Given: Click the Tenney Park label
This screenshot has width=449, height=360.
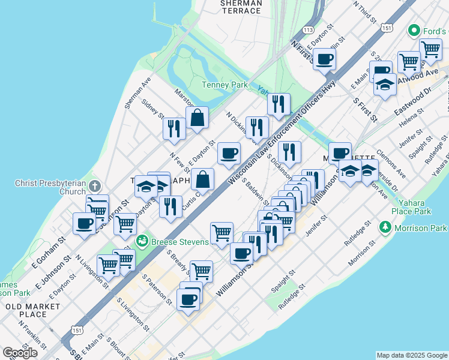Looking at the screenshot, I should pyautogui.click(x=224, y=85).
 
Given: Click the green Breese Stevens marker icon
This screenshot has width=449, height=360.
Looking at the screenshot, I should pyautogui.click(x=142, y=242).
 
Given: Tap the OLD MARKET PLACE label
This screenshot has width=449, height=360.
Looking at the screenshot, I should pyautogui.click(x=33, y=310).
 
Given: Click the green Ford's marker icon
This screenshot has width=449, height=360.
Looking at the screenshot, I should pyautogui.click(x=413, y=30).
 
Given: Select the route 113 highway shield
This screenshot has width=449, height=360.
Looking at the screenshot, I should pyautogui.click(x=309, y=29).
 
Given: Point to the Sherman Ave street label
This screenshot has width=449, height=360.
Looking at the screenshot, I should pyautogui.click(x=137, y=93).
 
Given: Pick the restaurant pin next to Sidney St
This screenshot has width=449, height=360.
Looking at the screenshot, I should pyautogui.click(x=173, y=128).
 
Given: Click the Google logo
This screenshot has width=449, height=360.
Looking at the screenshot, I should pyautogui.click(x=20, y=353).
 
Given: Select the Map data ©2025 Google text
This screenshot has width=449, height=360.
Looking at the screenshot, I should pyautogui.click(x=412, y=355).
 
